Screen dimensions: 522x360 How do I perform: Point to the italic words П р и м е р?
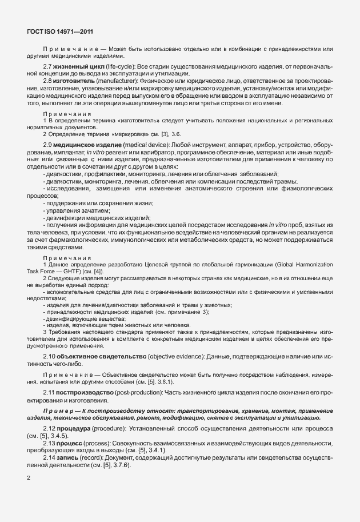pyautogui.click(x=59, y=410)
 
